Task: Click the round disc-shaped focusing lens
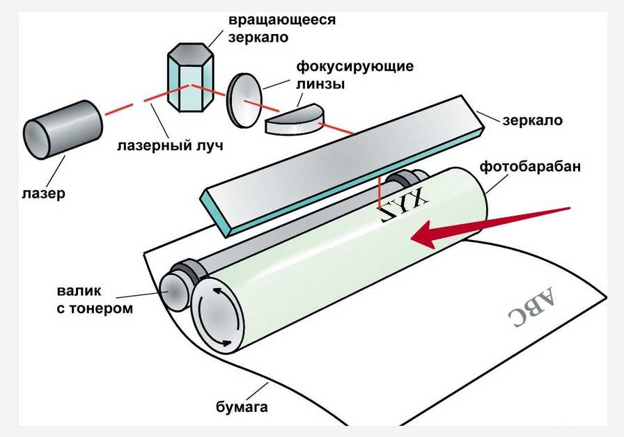point(244,100)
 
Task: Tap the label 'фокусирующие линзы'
point(355,76)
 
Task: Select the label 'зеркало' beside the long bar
point(531,120)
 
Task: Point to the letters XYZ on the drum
point(402,204)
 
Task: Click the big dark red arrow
point(487,226)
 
